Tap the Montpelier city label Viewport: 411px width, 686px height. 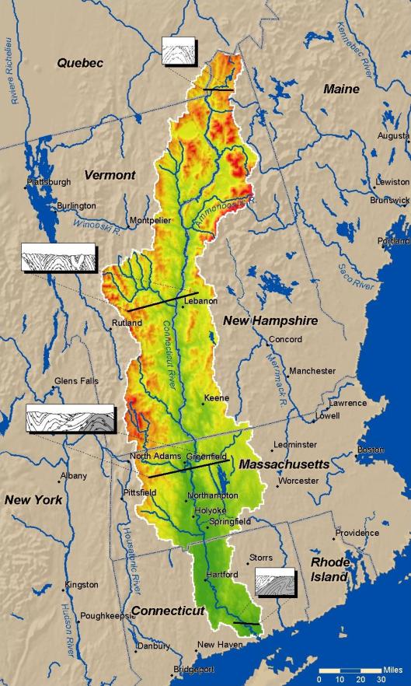click(x=150, y=221)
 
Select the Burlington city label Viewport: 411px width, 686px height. click(x=76, y=206)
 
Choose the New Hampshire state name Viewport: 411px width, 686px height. click(x=270, y=320)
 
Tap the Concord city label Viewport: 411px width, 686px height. click(x=284, y=340)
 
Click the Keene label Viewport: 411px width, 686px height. click(x=216, y=398)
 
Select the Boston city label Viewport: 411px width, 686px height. click(x=371, y=450)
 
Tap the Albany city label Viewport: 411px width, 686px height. click(x=74, y=475)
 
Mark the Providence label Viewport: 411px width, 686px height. click(x=357, y=534)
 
